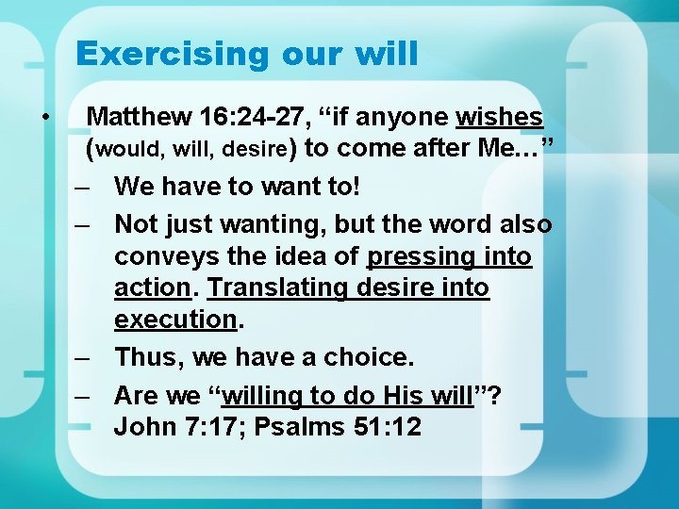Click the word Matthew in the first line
click(x=139, y=117)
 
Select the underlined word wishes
click(x=499, y=117)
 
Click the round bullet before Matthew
click(x=44, y=117)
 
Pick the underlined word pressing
click(x=420, y=256)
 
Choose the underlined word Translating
click(x=276, y=287)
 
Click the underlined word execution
click(x=174, y=320)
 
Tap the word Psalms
click(x=306, y=426)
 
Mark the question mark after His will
click(x=496, y=395)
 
